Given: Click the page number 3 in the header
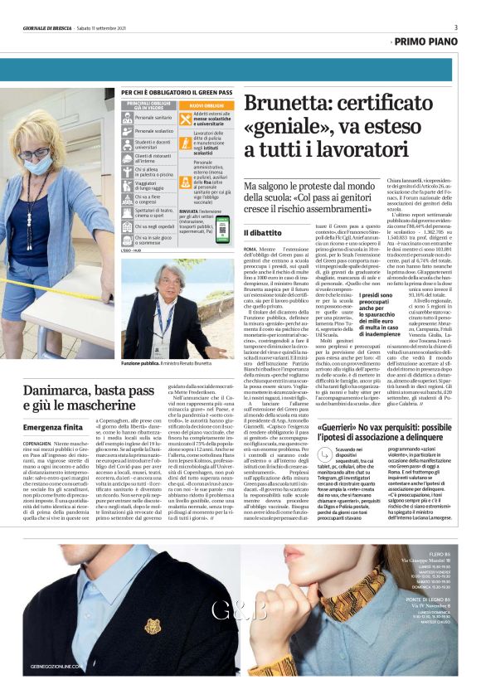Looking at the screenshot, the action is [x=455, y=27].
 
